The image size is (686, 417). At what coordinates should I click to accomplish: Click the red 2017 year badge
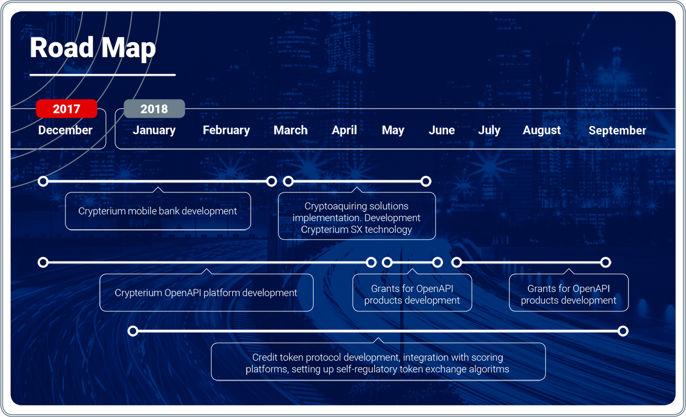[x=66, y=109]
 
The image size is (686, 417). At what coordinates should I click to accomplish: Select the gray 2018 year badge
[x=154, y=109]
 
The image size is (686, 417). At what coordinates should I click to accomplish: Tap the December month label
[x=65, y=130]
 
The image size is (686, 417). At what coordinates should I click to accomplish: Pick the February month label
[x=226, y=130]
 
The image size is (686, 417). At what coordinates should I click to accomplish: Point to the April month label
[x=344, y=130]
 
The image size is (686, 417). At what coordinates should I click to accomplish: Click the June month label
[x=442, y=130]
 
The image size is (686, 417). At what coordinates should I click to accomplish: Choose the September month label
[x=617, y=131]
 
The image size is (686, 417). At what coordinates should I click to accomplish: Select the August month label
[x=542, y=130]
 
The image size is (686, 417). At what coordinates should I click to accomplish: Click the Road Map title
[x=93, y=47]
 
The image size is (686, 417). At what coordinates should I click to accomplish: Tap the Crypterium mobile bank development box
[x=158, y=211]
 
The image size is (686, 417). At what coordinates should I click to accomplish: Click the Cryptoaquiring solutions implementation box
[x=357, y=216]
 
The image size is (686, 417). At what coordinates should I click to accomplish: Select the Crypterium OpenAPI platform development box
[x=206, y=293]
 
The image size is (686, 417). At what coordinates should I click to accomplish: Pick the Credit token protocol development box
[x=378, y=362]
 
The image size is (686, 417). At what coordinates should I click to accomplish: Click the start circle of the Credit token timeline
[x=133, y=331]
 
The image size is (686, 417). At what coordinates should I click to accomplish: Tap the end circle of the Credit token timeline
[x=623, y=331]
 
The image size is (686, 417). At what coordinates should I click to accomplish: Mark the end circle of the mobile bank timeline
[x=271, y=181]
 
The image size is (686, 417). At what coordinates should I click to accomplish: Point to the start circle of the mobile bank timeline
[x=43, y=181]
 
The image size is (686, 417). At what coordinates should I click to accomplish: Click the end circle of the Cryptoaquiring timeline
[x=426, y=181]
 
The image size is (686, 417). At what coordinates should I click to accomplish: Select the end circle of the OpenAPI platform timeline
[x=371, y=263]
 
